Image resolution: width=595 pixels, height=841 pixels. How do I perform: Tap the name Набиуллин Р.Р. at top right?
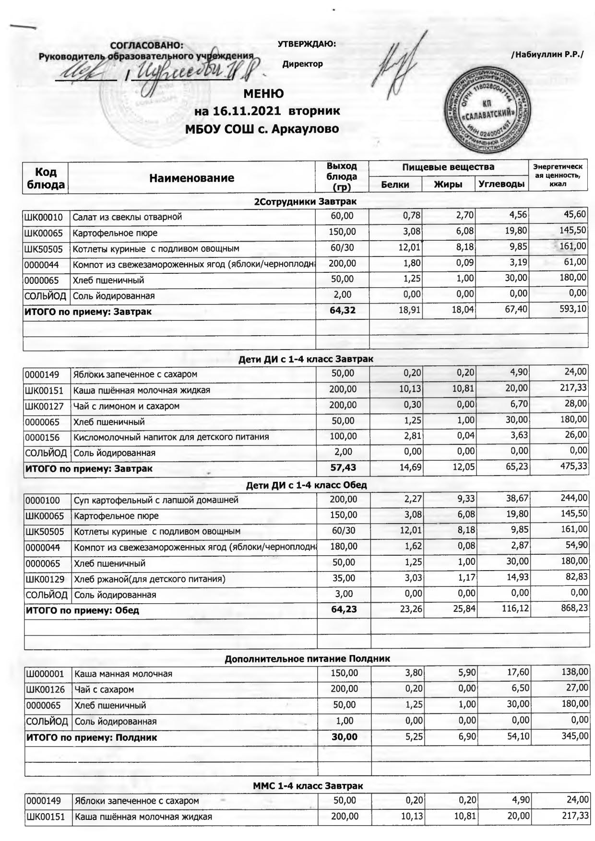click(x=547, y=55)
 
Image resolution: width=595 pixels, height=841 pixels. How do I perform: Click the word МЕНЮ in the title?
click(x=263, y=93)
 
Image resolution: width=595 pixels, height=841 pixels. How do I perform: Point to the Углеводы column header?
click(x=501, y=184)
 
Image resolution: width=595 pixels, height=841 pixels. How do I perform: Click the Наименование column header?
click(x=192, y=178)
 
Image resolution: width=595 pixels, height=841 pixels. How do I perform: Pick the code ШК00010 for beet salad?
click(x=44, y=217)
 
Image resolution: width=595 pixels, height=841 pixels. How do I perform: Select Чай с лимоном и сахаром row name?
click(x=126, y=406)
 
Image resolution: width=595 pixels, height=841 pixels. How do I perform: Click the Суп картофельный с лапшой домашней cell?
click(x=156, y=501)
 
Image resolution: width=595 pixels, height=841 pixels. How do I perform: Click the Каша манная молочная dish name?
click(x=123, y=674)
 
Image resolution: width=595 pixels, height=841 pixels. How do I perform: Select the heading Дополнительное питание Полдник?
click(x=307, y=658)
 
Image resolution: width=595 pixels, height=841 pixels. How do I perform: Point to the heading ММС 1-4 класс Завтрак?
click(x=308, y=786)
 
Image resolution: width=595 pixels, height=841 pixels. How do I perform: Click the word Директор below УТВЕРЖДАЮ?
click(x=302, y=64)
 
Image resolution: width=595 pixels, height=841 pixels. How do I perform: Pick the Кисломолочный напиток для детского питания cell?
click(x=171, y=437)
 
